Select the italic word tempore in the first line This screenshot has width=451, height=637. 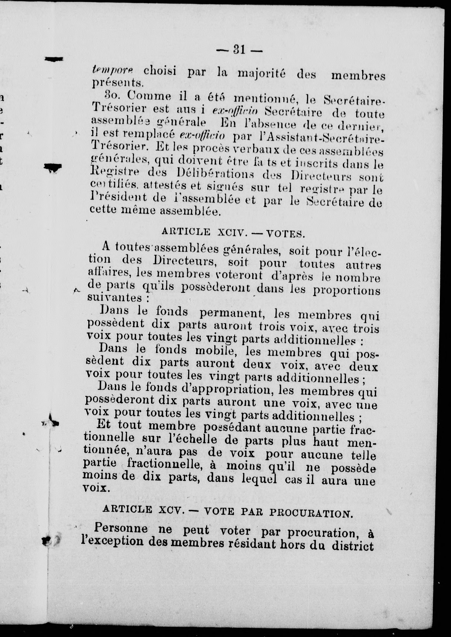coord(113,70)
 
